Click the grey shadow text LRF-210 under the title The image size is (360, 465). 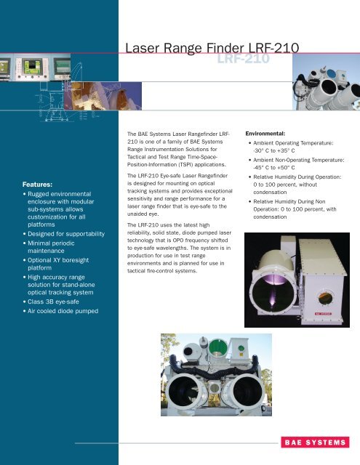pyautogui.click(x=244, y=59)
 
